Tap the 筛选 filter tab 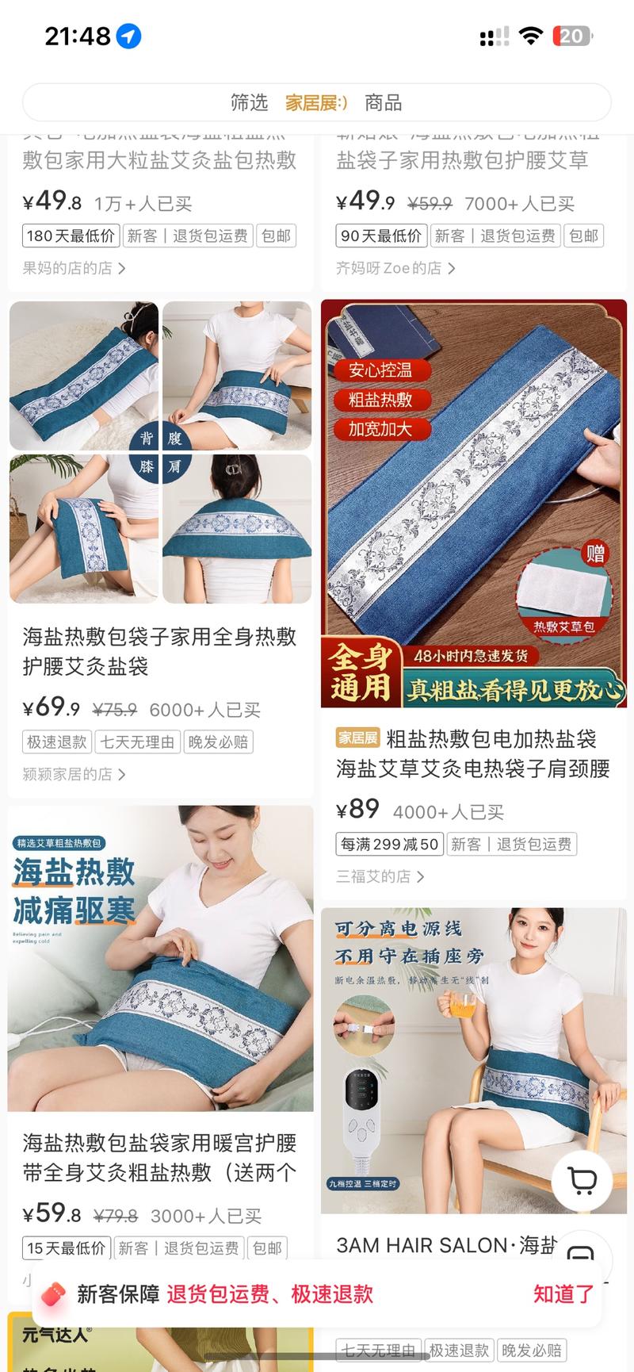click(249, 102)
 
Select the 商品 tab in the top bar click(383, 102)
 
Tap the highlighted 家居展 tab click(315, 102)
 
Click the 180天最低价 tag click(71, 236)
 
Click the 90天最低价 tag click(381, 236)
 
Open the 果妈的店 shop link click(73, 268)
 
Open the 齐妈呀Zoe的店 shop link click(395, 268)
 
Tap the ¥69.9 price click(52, 707)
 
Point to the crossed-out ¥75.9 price click(114, 709)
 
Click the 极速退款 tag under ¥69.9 click(56, 742)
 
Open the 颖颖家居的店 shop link click(73, 774)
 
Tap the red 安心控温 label click(380, 370)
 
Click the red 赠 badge click(595, 553)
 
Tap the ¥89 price click(357, 809)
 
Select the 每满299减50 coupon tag click(389, 844)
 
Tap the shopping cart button click(582, 1181)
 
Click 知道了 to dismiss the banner click(563, 1294)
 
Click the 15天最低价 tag click(66, 1248)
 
